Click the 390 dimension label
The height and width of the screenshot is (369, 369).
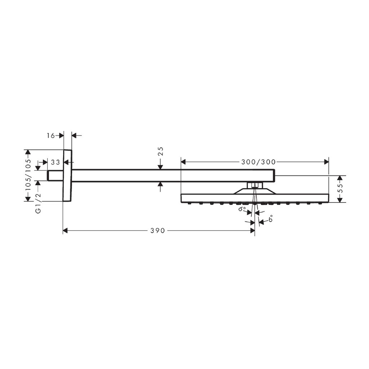point(157,231)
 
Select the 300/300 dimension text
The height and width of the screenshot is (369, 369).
point(258,162)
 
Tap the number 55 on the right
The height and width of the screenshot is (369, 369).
point(340,188)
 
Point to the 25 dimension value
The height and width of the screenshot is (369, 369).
point(160,151)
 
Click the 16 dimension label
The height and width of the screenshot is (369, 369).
point(50,135)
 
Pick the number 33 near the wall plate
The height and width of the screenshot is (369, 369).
point(55,162)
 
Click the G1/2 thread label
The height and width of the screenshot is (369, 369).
point(38,203)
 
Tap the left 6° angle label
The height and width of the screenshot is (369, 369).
point(242,209)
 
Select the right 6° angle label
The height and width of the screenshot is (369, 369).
point(271,219)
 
